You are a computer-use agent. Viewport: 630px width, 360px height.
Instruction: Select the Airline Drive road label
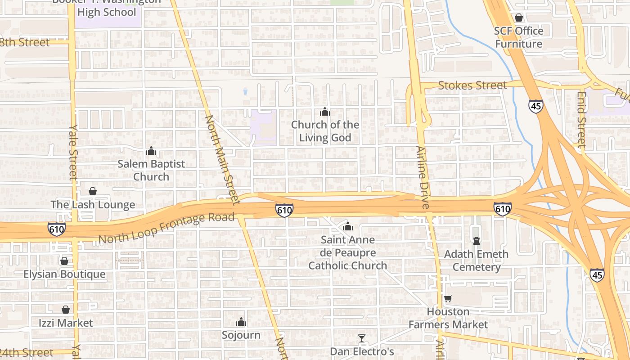click(x=423, y=177)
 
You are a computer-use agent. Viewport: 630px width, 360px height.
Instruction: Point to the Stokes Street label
click(x=472, y=85)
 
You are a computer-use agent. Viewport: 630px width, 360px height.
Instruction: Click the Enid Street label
click(x=581, y=120)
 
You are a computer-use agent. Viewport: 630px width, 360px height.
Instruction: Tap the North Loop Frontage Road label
click(x=166, y=228)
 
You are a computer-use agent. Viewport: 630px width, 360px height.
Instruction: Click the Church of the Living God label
click(x=325, y=131)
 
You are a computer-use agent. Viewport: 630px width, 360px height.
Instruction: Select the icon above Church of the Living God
click(x=325, y=112)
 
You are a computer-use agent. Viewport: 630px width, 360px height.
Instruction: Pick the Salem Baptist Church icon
click(x=151, y=151)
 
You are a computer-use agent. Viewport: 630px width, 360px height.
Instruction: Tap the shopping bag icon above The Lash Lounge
click(x=93, y=192)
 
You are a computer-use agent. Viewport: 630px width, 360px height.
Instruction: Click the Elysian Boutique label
click(x=64, y=274)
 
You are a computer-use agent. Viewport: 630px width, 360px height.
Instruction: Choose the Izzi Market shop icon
click(x=66, y=310)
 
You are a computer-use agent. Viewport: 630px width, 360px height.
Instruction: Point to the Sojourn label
click(x=241, y=335)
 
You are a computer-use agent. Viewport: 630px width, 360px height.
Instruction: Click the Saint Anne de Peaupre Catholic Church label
click(x=347, y=253)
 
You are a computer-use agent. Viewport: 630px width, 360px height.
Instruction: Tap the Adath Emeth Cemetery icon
click(x=477, y=241)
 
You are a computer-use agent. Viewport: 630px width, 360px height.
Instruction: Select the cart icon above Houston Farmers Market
click(x=448, y=298)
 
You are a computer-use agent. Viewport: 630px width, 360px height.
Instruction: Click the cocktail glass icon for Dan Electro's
click(x=362, y=338)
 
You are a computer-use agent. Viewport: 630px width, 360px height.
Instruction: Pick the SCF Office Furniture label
click(x=519, y=37)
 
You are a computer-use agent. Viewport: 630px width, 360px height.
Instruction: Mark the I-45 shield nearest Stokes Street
click(x=535, y=106)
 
